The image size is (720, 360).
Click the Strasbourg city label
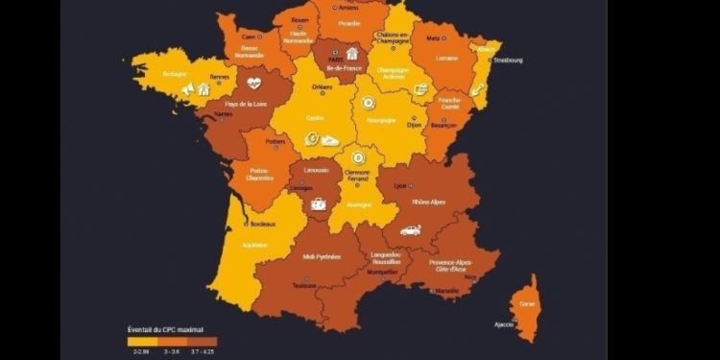510,60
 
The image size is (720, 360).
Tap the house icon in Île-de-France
352,54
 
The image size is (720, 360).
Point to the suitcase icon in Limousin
318,204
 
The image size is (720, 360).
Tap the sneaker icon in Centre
330,140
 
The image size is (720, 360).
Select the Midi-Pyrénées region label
322,256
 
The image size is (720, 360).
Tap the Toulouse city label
304,285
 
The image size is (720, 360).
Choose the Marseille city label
446,291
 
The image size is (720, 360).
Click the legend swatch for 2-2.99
142,341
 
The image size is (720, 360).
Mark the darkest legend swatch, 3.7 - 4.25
203,341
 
